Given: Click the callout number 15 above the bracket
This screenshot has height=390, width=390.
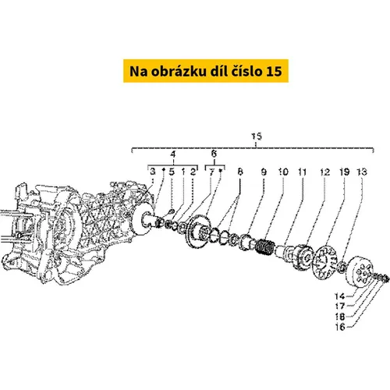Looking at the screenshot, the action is pos(257,136).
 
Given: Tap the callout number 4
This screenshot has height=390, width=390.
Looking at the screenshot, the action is pos(173,154).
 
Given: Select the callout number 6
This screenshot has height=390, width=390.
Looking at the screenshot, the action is pos(214,154).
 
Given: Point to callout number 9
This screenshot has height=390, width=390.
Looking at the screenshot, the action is pos(264,172).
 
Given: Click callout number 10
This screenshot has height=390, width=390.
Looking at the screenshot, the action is pos(283,172).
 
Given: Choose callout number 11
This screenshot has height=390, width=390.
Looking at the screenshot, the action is pos(302,172).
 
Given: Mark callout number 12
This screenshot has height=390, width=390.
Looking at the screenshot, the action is pos(325,172).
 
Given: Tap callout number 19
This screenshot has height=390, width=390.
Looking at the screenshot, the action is pos(345,172).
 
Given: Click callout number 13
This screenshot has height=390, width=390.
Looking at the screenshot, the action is pos(362,172).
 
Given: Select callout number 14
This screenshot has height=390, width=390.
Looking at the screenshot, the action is pos(340,296).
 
